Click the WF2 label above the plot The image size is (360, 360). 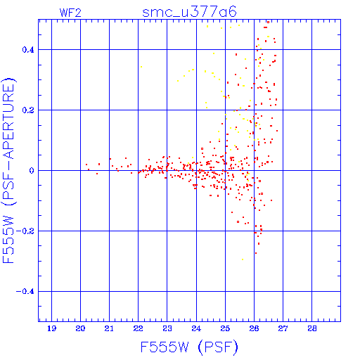tap(70, 13)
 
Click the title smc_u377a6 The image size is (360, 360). tap(189, 12)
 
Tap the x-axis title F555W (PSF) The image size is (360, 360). tap(189, 347)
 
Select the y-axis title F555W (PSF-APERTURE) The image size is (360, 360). tap(8, 171)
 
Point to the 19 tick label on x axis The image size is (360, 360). tap(51, 328)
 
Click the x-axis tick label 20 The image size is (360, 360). tap(80, 328)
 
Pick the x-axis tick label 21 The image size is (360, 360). tap(109, 328)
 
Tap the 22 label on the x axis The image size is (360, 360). tap(139, 328)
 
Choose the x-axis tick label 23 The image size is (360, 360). tap(167, 328)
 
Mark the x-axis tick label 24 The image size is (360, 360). tap(196, 328)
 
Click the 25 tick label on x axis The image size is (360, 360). tap(225, 328)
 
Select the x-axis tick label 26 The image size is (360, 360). tap(254, 328)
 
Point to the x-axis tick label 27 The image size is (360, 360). tap(283, 328)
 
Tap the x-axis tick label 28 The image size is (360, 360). tap(312, 328)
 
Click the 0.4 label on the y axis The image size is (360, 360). tap(28, 50)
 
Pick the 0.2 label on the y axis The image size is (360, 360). tap(28, 110)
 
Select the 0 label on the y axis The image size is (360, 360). tap(32, 171)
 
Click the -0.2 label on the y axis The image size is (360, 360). tap(25, 231)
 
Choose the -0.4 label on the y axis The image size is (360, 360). tap(25, 292)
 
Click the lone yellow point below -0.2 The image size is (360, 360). tap(243, 259)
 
